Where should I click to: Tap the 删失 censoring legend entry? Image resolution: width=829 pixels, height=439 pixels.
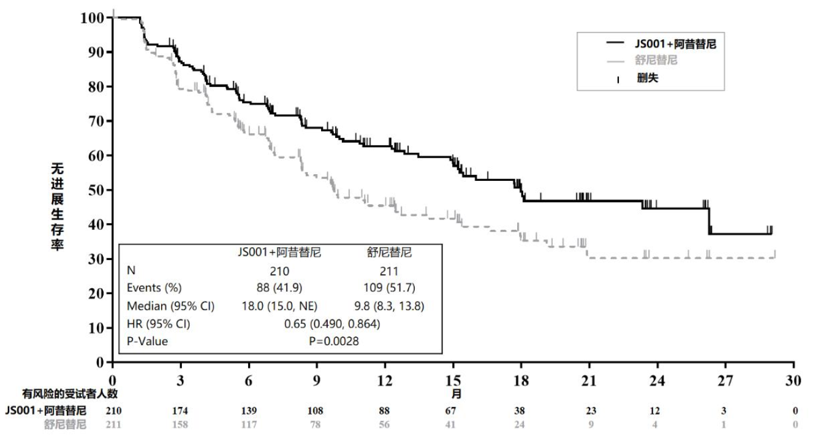click(x=647, y=78)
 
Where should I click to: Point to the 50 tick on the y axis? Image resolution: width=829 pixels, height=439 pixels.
click(x=96, y=190)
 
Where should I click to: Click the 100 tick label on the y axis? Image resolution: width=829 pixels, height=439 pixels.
click(x=91, y=18)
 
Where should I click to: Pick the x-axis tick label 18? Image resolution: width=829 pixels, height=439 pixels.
click(x=521, y=381)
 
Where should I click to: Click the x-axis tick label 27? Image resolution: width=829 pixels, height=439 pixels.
click(x=725, y=381)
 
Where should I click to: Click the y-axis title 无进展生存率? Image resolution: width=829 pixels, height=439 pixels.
click(x=57, y=205)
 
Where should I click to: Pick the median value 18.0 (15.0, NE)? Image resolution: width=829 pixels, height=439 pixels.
click(x=279, y=306)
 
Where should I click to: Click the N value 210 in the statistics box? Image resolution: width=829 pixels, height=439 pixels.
click(x=279, y=270)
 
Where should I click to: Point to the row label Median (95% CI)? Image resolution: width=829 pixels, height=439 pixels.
click(x=170, y=306)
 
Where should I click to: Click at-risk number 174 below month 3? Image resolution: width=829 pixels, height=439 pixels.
click(x=181, y=411)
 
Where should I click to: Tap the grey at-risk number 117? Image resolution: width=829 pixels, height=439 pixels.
click(x=249, y=424)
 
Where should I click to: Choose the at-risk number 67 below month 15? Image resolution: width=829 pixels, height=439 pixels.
click(x=453, y=411)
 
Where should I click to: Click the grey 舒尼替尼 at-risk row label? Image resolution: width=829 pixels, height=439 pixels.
click(x=64, y=424)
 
